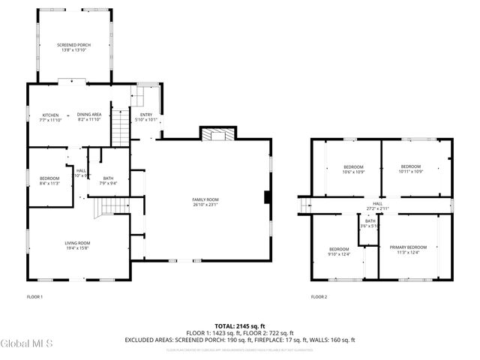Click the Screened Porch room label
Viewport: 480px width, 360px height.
73,47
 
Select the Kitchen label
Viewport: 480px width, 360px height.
50,117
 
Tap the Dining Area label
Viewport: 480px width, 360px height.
88,117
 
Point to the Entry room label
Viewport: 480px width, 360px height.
145,117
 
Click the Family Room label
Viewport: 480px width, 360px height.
205,201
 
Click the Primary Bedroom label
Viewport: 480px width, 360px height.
408,250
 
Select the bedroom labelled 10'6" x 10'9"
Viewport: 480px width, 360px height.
353,169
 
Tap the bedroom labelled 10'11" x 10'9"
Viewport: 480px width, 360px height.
410,169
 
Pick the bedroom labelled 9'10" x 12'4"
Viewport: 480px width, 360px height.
339,251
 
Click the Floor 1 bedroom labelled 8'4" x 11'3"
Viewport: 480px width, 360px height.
49,180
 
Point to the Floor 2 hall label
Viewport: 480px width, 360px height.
377,205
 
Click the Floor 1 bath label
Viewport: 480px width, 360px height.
108,180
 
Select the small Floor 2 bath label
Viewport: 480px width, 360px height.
370,223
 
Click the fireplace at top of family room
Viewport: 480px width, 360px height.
218,135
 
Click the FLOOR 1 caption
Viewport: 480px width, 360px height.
34,297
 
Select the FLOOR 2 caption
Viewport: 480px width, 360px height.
319,297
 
